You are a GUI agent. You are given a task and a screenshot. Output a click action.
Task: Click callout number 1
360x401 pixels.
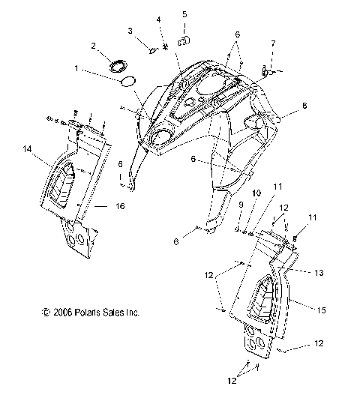pyautogui.click(x=76, y=68)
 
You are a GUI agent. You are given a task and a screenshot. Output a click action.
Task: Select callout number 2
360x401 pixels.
pyautogui.click(x=94, y=46)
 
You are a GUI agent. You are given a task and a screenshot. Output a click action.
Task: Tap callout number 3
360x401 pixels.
pyautogui.click(x=130, y=31)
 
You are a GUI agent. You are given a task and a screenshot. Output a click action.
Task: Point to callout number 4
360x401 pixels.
pyautogui.click(x=159, y=19)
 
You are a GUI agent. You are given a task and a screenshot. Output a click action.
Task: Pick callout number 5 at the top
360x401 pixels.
pyautogui.click(x=184, y=14)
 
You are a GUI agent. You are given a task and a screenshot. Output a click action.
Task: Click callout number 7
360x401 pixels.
pyautogui.click(x=273, y=43)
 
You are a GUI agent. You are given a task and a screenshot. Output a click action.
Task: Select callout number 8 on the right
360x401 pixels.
pyautogui.click(x=304, y=106)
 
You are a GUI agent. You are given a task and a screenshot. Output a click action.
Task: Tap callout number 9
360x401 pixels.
pyautogui.click(x=241, y=205)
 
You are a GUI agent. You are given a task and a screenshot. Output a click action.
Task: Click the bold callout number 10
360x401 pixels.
pyautogui.click(x=256, y=193)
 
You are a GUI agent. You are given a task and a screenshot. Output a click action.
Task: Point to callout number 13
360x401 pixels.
pyautogui.click(x=319, y=273)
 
